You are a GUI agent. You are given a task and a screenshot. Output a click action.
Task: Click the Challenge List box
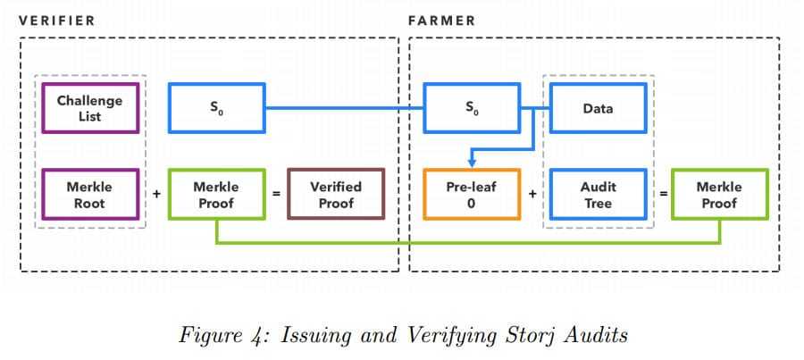(x=90, y=108)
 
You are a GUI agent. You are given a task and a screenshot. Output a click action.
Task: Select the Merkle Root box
(x=90, y=195)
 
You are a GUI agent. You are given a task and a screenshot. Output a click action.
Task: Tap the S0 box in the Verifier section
(x=216, y=108)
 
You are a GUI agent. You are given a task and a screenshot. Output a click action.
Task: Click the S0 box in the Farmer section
(x=471, y=108)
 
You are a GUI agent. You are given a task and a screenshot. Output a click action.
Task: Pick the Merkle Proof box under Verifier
(x=216, y=195)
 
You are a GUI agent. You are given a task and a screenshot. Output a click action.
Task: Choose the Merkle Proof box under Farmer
(x=719, y=195)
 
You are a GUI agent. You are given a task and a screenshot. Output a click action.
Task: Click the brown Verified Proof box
(x=335, y=195)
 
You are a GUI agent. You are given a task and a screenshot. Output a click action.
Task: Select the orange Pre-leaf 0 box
(x=471, y=195)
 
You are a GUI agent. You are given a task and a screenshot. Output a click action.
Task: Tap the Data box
(x=598, y=108)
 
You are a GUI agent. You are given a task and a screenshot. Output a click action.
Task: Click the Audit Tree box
(x=598, y=195)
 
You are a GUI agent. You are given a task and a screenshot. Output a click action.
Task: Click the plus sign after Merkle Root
(x=156, y=193)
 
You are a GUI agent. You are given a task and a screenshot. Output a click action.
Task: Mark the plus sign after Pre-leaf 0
(x=532, y=193)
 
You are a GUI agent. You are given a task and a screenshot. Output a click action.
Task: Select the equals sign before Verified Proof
(x=276, y=193)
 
